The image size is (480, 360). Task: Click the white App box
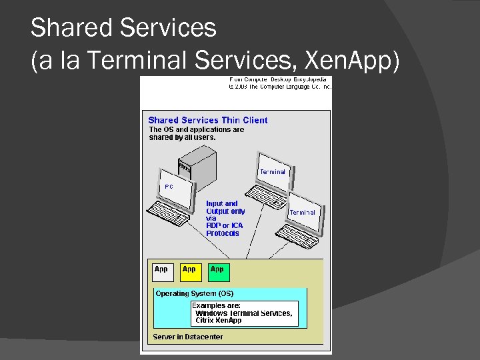(x=163, y=271)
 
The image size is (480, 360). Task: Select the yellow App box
(x=190, y=271)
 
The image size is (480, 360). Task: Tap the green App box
(x=218, y=271)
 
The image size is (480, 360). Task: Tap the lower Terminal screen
(x=303, y=212)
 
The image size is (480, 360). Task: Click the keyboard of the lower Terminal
(x=301, y=235)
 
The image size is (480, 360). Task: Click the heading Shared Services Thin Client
(x=207, y=120)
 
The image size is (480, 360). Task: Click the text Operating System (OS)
(x=194, y=293)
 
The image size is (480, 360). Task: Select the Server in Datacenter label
(x=187, y=337)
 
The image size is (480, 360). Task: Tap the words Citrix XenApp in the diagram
(x=218, y=320)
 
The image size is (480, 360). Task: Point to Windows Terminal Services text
(x=243, y=313)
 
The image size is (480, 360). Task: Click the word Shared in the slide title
(x=72, y=28)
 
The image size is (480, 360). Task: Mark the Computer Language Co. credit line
(x=280, y=86)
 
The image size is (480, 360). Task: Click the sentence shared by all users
(x=182, y=137)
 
